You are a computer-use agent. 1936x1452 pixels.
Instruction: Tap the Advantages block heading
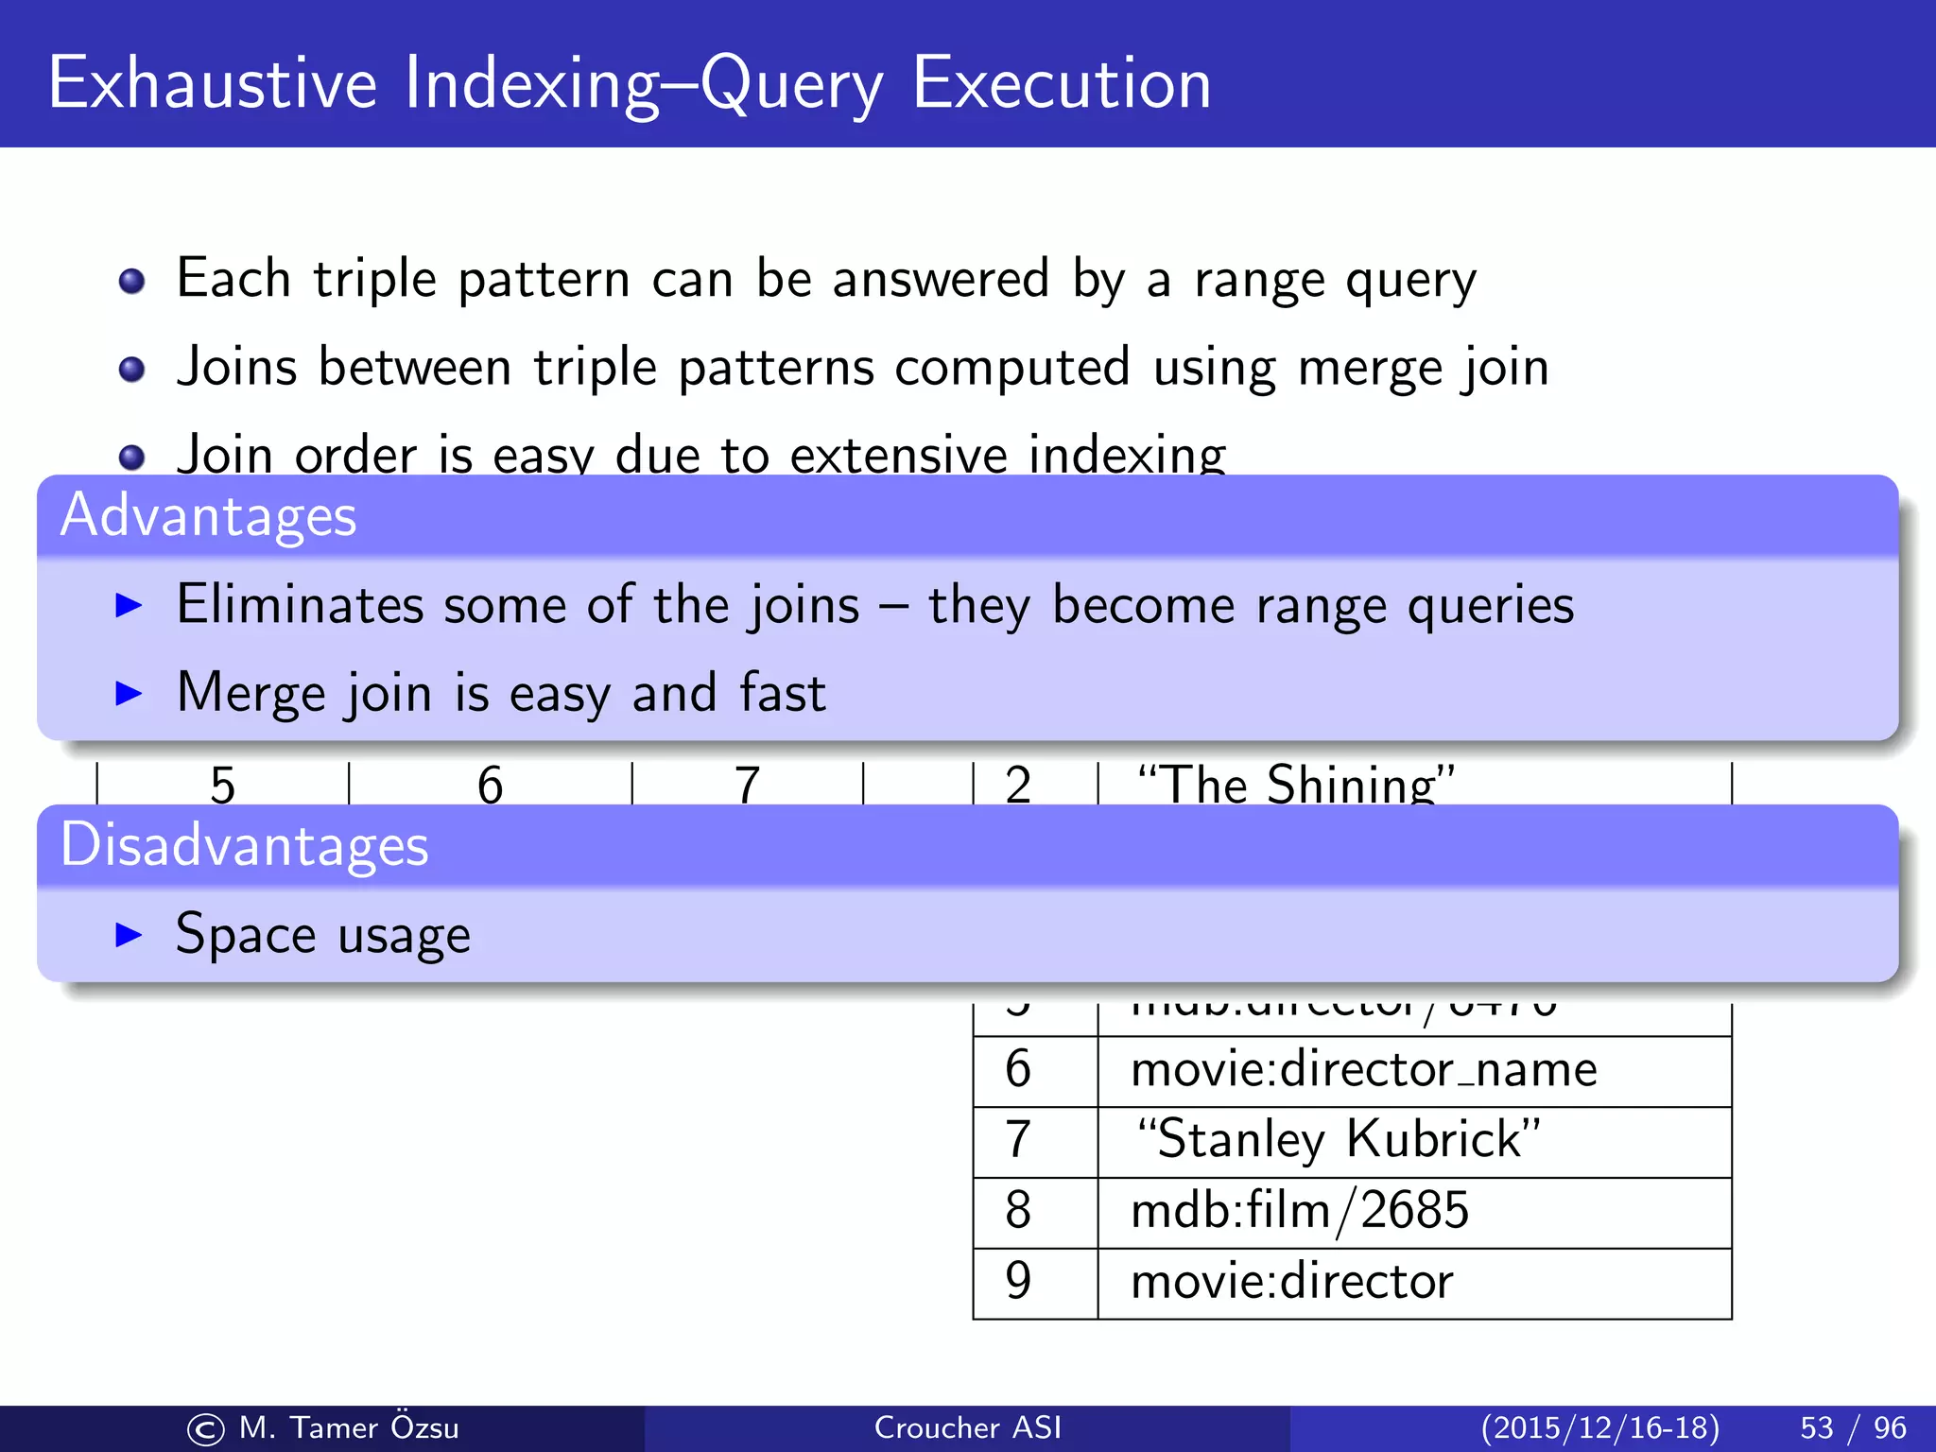208,516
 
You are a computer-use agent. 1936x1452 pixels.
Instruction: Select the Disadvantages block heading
244,845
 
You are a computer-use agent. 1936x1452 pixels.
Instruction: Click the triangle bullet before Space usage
128,935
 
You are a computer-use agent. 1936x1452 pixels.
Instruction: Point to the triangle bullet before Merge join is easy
128,693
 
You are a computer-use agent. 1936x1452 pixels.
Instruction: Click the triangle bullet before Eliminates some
128,605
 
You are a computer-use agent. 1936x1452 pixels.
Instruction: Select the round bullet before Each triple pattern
131,281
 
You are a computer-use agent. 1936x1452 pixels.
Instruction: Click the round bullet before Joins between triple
131,369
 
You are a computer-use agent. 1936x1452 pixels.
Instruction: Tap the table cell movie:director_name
1363,1070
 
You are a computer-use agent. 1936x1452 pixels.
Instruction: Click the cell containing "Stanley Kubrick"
1338,1139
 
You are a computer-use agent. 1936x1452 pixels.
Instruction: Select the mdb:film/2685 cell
1300,1211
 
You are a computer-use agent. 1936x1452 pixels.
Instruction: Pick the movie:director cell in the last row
1291,1282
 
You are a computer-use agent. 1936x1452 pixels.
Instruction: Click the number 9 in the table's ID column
1018,1282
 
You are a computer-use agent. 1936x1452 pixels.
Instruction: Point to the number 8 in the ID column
1018,1211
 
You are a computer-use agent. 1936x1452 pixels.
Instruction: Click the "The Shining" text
1295,785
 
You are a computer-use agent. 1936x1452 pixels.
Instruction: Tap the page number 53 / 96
1853,1427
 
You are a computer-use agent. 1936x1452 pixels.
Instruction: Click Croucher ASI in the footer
967,1427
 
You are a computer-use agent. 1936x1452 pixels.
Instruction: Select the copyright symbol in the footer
205,1429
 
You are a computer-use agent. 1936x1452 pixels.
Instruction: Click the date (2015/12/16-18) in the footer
1599,1427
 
